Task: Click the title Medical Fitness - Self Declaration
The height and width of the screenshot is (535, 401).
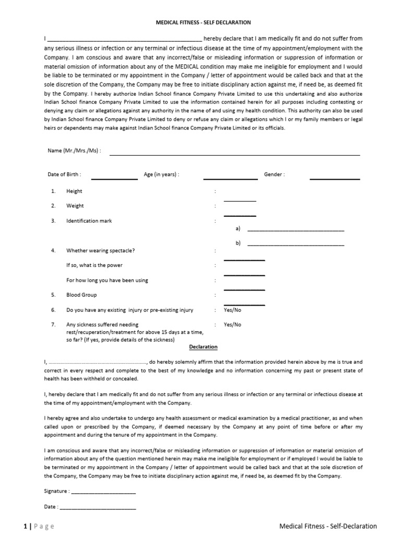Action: point(204,22)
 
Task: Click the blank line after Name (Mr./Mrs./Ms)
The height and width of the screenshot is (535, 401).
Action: point(234,155)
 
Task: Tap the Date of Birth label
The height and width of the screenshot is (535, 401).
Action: point(64,175)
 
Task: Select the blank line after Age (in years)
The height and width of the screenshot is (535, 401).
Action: point(230,179)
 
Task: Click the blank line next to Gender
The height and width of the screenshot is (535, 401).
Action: point(335,179)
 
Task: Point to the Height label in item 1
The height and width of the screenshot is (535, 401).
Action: point(74,191)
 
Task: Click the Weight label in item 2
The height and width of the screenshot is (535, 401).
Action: point(75,206)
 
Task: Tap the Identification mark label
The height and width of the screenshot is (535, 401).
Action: point(89,221)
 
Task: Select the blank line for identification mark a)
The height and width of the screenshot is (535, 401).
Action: point(296,230)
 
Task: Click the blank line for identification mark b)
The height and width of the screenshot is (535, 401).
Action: point(296,245)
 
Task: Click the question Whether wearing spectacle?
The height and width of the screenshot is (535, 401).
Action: point(100,250)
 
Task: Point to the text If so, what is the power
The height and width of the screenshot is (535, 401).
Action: point(95,265)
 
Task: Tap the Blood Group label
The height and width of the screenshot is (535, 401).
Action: point(81,295)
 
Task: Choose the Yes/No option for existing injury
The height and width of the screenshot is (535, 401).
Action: point(232,310)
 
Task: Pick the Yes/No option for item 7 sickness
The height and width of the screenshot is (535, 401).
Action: point(232,324)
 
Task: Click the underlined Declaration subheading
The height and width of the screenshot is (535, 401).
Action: point(203,347)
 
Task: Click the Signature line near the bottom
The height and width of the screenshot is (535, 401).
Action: point(103,493)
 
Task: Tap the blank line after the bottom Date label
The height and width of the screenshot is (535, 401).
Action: point(98,508)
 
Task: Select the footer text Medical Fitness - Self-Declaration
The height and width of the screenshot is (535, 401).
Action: point(328,526)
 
